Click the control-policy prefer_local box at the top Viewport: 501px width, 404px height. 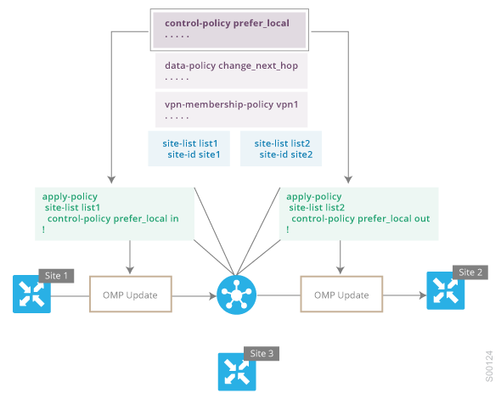pos(229,30)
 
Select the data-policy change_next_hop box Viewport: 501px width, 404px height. pos(231,70)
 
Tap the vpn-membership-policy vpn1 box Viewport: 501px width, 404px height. pos(231,109)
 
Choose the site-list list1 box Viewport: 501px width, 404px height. pos(189,149)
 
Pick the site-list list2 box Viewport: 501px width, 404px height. pos(281,149)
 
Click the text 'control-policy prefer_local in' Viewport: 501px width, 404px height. pos(113,219)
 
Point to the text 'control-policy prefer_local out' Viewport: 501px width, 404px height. pos(361,219)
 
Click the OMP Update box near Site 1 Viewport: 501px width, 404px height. pos(131,295)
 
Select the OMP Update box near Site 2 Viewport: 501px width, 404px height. pos(341,295)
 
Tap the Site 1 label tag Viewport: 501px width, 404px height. pos(56,276)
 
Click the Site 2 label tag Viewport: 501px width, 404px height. pos(470,272)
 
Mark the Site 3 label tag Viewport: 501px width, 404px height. pos(262,354)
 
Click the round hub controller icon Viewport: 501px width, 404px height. pos(236,295)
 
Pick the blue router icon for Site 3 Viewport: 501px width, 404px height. pos(237,372)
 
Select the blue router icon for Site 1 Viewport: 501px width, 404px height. pos(31,294)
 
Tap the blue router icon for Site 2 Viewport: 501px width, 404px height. pos(446,290)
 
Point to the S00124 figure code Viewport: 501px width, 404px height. pos(489,366)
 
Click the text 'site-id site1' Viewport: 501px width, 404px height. pos(194,154)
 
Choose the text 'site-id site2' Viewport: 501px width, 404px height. pos(286,154)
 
